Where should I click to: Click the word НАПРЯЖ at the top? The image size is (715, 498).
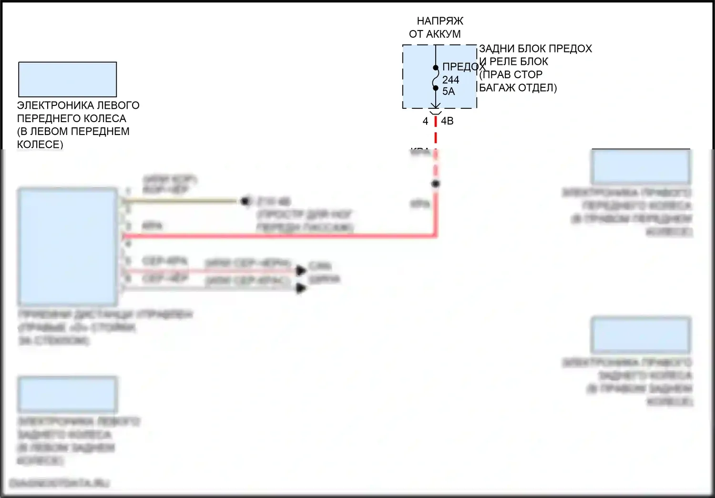point(439,21)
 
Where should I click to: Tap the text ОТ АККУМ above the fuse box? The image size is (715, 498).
point(435,34)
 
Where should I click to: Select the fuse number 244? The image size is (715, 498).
point(450,80)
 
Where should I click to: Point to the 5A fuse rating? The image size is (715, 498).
point(449,92)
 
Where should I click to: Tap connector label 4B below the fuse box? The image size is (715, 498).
point(447,121)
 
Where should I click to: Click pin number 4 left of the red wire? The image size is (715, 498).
point(425,122)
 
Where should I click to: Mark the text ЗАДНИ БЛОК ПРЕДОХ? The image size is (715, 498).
point(535,49)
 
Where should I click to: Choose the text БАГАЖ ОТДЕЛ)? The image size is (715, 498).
point(518,88)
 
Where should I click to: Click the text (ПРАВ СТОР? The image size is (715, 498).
point(511,75)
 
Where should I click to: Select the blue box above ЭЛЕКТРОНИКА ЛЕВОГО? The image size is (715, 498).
point(67,79)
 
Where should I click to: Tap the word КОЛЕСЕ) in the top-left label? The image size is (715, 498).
point(40,145)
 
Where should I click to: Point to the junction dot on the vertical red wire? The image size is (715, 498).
point(435,184)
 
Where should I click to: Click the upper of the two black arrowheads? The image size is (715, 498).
point(301,270)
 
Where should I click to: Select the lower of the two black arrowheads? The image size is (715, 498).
point(301,288)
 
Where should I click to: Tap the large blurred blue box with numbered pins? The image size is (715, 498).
point(68,247)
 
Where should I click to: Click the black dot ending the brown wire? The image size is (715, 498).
point(245,201)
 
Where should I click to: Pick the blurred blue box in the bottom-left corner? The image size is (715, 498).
point(68,394)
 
